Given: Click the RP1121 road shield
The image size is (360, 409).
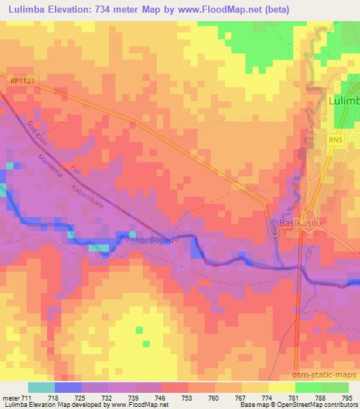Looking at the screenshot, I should point(22,82).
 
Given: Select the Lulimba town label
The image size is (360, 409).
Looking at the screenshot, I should point(344,102).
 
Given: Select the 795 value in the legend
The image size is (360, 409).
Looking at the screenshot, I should point(347,397).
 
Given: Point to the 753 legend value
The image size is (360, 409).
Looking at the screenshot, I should point(186,397).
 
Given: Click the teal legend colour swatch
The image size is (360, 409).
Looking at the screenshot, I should point(41,387).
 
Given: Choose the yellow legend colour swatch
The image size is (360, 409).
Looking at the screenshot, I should point(281,387).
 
